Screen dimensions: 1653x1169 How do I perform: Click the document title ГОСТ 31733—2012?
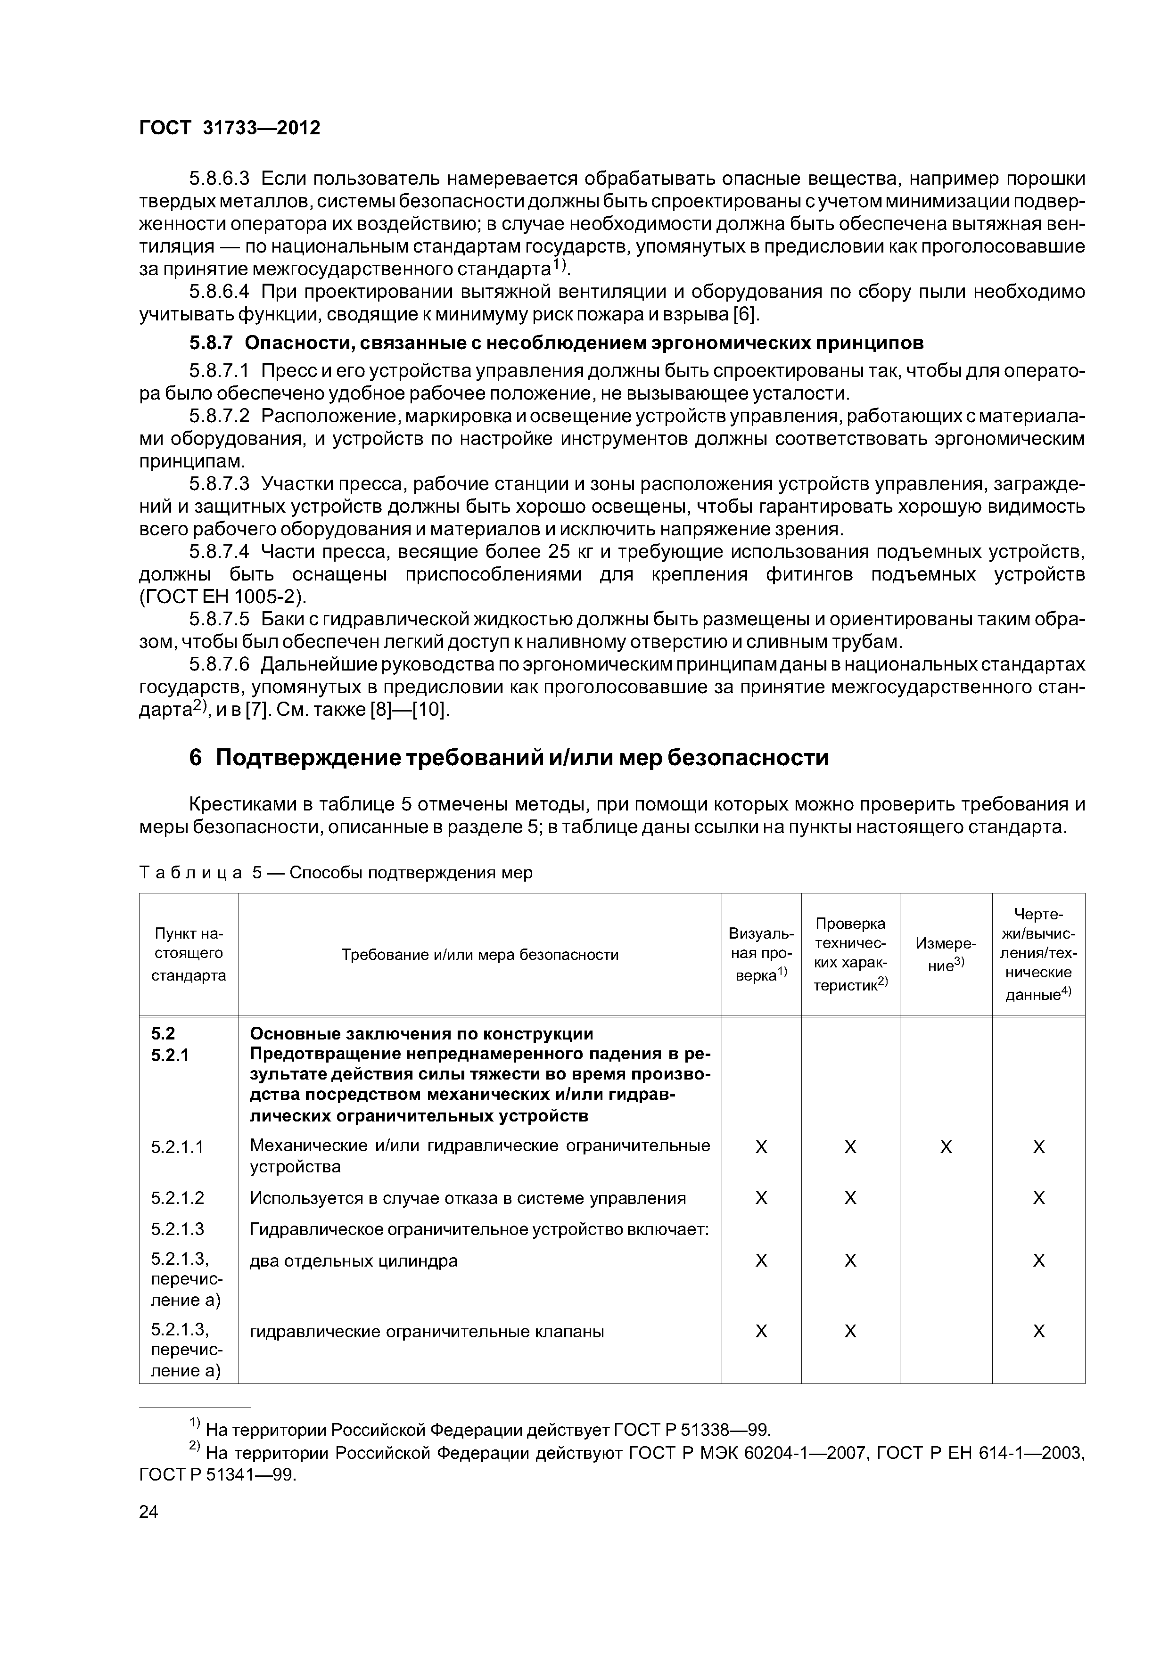click(x=229, y=128)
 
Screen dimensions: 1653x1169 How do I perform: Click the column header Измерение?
click(x=945, y=955)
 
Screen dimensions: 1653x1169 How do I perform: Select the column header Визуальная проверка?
click(x=761, y=955)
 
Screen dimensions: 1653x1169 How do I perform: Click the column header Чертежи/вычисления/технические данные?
click(x=1038, y=955)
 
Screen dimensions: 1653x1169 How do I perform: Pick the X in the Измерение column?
click(x=946, y=1147)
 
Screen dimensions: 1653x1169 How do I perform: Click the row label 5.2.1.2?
click(x=177, y=1198)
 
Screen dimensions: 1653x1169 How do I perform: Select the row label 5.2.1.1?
click(x=177, y=1147)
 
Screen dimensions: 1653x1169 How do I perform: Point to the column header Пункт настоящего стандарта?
click(x=189, y=955)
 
